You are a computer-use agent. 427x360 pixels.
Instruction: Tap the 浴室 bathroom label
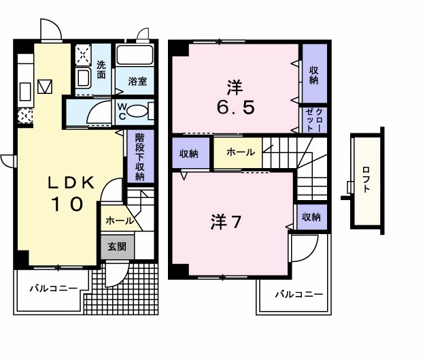point(137,82)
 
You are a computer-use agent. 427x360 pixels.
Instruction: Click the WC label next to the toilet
point(121,111)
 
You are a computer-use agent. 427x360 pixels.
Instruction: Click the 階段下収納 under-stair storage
point(139,156)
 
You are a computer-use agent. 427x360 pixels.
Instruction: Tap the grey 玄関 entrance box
point(117,246)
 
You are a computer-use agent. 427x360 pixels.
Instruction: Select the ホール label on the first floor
point(119,221)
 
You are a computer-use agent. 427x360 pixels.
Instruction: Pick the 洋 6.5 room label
point(235,97)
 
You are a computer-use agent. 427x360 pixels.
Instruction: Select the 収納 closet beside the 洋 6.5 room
point(313,75)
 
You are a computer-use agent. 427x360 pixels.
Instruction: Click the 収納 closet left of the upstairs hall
point(189,153)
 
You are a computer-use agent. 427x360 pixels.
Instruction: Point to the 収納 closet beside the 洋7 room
point(311,217)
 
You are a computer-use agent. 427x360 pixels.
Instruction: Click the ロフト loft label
point(366,180)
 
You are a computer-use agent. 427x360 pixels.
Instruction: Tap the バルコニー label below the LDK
point(52,289)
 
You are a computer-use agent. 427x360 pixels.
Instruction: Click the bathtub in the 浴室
point(135,56)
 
